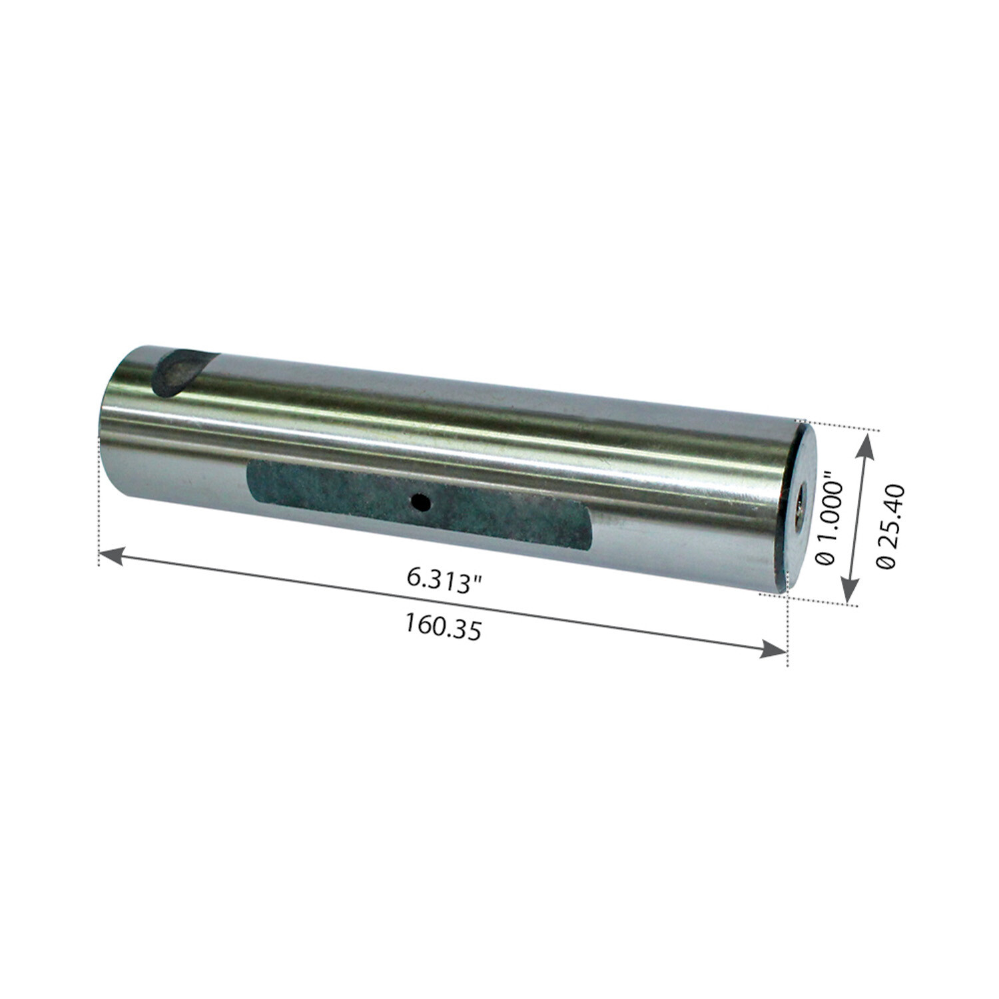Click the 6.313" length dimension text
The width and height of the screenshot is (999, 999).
[444, 578]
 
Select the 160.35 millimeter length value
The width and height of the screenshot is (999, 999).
[442, 627]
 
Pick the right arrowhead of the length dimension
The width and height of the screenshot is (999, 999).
[775, 649]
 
